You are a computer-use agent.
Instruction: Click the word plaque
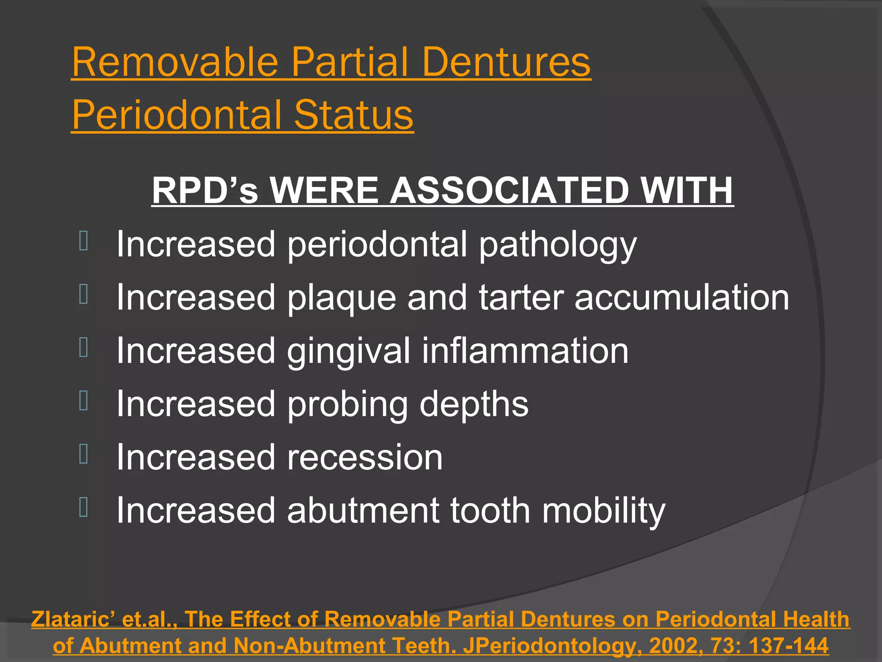(x=342, y=298)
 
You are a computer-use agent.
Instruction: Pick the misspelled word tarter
(x=521, y=297)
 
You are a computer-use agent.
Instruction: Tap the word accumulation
(x=682, y=297)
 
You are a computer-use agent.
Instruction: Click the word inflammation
(x=525, y=350)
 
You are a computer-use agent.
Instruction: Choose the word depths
(x=474, y=404)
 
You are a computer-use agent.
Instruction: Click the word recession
(x=365, y=457)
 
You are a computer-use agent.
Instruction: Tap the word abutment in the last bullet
(x=363, y=510)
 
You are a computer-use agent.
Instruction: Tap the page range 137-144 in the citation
(x=789, y=646)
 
